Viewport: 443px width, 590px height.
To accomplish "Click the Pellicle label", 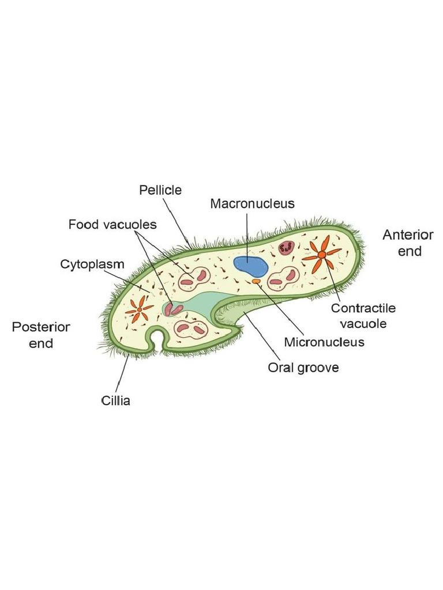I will tap(160, 190).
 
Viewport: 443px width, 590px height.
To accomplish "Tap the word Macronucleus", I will tap(252, 203).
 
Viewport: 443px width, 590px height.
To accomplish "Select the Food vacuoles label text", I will tap(112, 224).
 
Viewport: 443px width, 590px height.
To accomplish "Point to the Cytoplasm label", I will tap(92, 264).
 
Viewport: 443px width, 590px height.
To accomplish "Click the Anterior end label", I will tap(408, 243).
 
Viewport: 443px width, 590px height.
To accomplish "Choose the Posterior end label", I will tap(41, 335).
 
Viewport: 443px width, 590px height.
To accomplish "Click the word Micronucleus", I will tap(324, 342).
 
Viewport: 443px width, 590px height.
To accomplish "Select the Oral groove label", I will tap(303, 367).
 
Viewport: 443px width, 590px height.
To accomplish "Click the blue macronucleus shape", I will tap(250, 266).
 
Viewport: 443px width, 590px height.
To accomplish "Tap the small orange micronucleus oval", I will tap(256, 281).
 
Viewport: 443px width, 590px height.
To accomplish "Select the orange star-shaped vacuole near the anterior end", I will tap(322, 254).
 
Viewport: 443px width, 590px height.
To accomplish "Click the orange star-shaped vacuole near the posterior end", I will tap(139, 310).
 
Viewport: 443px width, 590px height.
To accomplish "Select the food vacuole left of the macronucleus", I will tap(194, 279).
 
